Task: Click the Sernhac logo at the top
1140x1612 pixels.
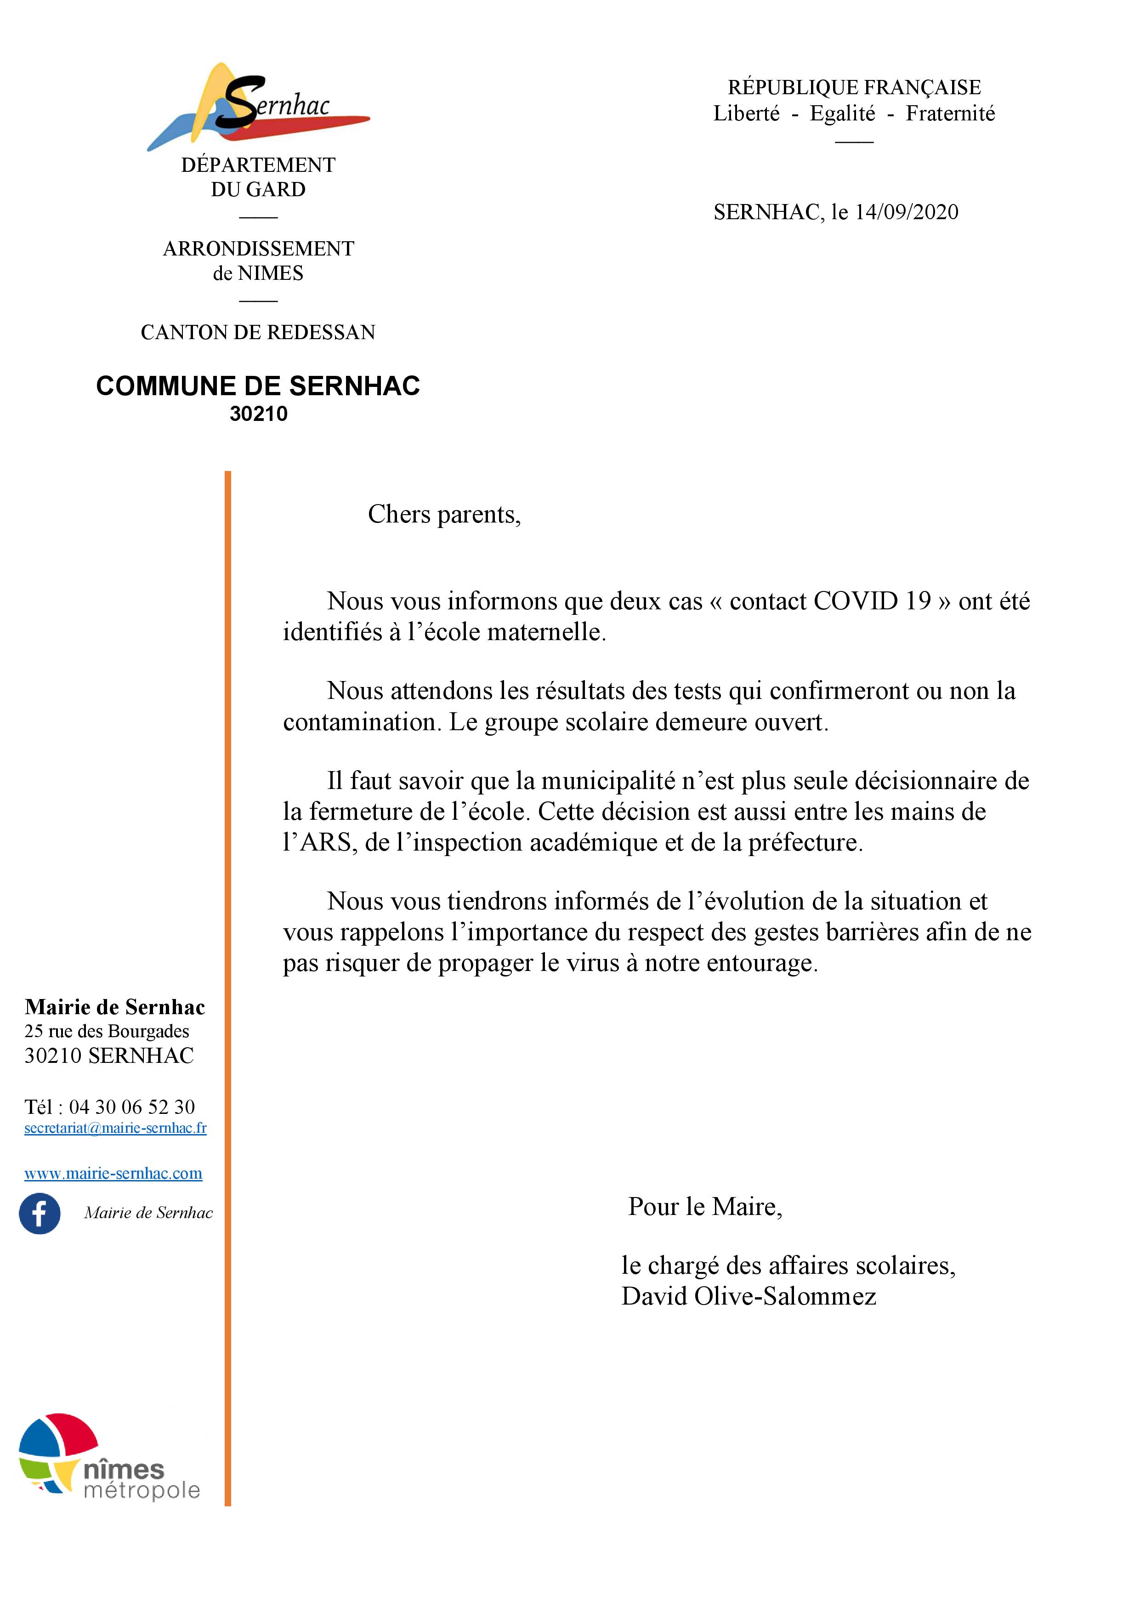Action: [x=258, y=107]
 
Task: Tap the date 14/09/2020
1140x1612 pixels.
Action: [x=906, y=212]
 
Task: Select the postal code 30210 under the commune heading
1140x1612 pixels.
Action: [x=258, y=414]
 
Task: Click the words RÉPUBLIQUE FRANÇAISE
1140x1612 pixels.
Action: [x=854, y=88]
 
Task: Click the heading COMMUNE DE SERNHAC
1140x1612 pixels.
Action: [x=258, y=386]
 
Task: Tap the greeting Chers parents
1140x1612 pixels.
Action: [x=444, y=515]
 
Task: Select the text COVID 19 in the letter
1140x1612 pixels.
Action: [x=872, y=602]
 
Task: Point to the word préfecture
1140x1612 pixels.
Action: [x=805, y=842]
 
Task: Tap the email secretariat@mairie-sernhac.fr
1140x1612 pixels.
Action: [x=115, y=1128]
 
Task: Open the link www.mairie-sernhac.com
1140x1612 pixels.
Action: [x=113, y=1173]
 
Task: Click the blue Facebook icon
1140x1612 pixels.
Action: [x=40, y=1213]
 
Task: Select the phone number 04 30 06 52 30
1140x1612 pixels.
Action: [x=132, y=1107]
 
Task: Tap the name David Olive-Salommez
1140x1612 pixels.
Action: [x=749, y=1296]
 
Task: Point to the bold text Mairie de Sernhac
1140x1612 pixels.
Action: [x=114, y=1007]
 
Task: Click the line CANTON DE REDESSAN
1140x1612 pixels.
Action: [x=258, y=332]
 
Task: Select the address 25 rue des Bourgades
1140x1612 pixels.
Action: [x=107, y=1031]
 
